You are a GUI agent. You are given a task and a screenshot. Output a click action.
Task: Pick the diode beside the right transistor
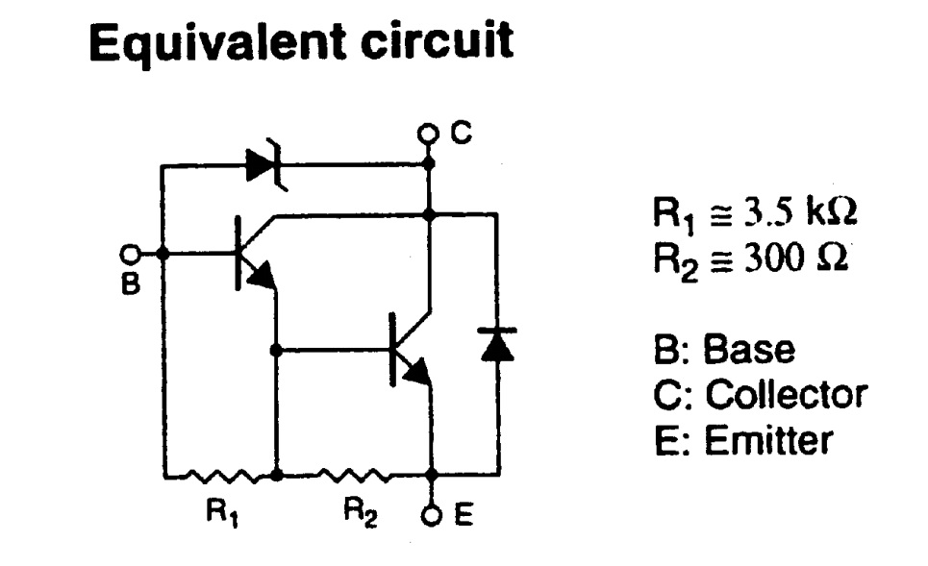[x=497, y=344]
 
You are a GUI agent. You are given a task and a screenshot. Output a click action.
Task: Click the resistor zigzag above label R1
[x=220, y=475]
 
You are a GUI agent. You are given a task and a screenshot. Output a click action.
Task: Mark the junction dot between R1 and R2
[x=276, y=475]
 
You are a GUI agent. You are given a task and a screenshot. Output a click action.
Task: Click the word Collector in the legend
[x=786, y=395]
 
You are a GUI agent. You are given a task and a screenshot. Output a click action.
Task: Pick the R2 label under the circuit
[x=356, y=514]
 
